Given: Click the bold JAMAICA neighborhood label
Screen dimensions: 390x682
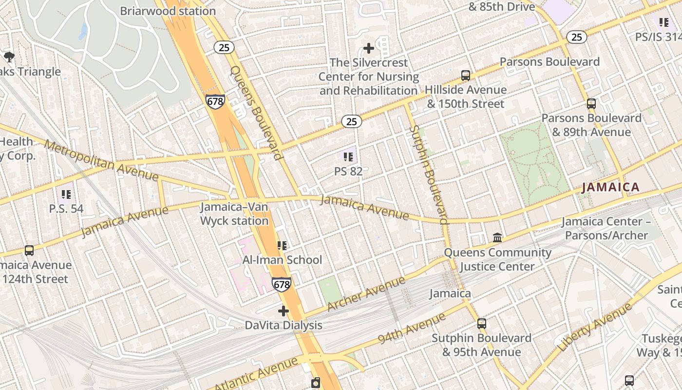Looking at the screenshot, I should [x=610, y=187].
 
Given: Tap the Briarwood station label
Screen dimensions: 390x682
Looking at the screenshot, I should [x=168, y=11].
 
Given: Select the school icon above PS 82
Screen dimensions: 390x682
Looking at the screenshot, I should [x=348, y=156].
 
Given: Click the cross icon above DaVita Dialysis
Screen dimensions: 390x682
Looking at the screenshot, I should [x=284, y=311].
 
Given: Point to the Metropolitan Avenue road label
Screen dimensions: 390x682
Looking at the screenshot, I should [x=101, y=160].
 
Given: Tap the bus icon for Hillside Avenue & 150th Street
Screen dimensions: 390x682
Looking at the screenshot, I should [x=466, y=76].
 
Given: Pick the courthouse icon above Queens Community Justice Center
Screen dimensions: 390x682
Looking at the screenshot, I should [x=497, y=237].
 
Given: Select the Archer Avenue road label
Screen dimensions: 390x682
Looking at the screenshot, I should [x=366, y=294].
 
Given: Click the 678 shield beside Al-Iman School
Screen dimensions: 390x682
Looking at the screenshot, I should [x=282, y=284].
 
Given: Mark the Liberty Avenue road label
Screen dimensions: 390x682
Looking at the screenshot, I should [x=595, y=327].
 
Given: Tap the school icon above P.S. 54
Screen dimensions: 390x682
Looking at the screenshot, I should [x=66, y=195].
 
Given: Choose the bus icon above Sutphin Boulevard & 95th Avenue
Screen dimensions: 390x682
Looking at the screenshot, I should [x=481, y=323].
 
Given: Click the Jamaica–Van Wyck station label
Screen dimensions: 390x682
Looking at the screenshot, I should [x=234, y=214].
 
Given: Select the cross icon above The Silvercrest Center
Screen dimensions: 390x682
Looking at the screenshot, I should [x=369, y=48].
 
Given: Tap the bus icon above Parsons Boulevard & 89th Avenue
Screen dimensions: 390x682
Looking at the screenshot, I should [x=591, y=103].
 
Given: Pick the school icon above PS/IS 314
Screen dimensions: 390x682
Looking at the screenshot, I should [x=663, y=22].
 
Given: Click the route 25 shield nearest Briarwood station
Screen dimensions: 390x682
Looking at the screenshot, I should [x=225, y=47].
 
